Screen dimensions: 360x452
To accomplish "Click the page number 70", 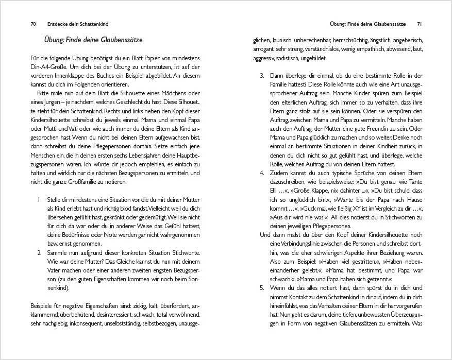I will click(x=33, y=24).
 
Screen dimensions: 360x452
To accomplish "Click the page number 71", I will click(x=420, y=24).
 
